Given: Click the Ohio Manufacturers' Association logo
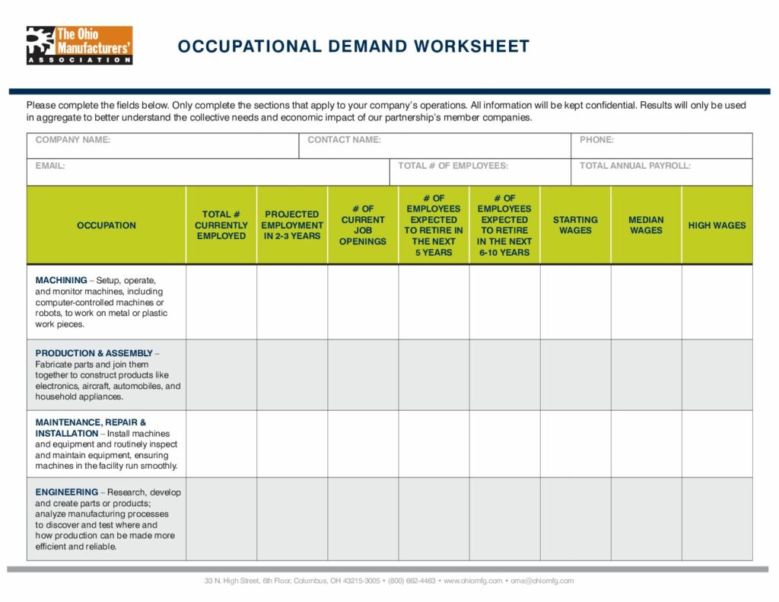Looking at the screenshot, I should (79, 45).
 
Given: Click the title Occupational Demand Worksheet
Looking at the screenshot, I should (353, 46).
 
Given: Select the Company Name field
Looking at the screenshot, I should (162, 145).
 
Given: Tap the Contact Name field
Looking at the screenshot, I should (434, 145).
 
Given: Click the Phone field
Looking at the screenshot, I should (661, 145).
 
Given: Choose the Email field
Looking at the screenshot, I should (208, 172).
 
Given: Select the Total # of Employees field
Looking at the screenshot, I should (480, 172).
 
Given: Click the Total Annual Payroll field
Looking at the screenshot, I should (661, 172).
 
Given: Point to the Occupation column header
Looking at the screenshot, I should (107, 225).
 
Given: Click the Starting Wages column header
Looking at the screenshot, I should (575, 225).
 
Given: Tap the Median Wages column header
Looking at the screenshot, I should (646, 225).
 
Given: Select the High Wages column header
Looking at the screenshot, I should (717, 225).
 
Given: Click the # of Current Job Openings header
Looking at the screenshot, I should (363, 225).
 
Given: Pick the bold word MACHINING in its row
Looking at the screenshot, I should (61, 281).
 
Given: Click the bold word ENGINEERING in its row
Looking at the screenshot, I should (67, 492).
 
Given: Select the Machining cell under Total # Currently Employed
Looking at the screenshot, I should (221, 302).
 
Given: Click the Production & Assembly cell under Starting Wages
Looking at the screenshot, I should (575, 375).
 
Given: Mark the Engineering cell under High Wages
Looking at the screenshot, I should (717, 519).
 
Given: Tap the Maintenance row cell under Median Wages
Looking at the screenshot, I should (646, 444).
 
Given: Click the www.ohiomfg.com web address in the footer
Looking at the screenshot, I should (472, 581).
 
